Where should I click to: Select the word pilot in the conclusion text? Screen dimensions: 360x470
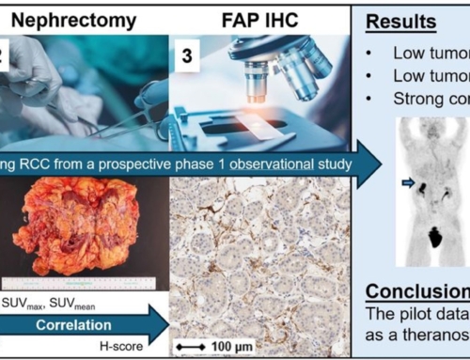429,313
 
